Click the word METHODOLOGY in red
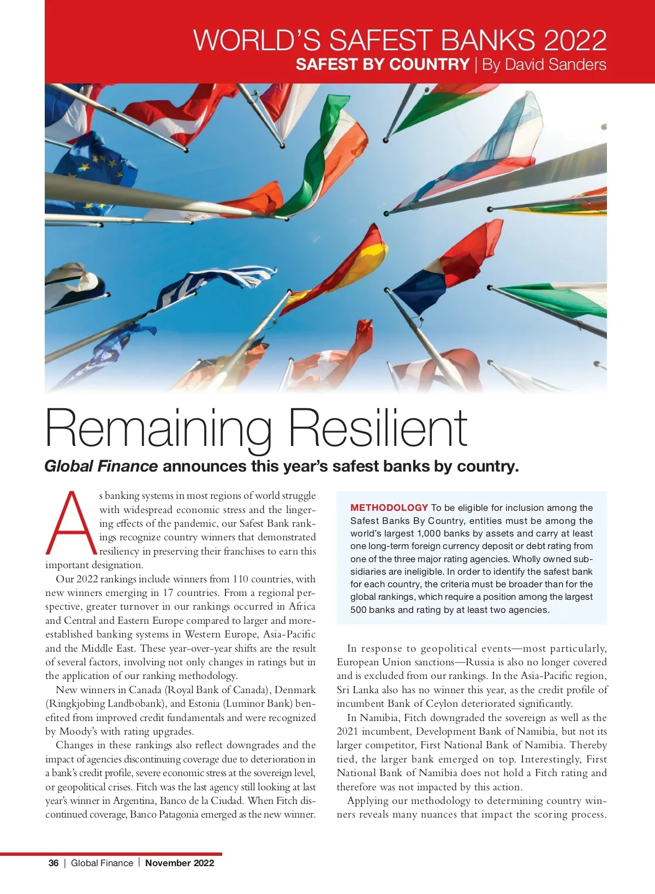pyautogui.click(x=389, y=508)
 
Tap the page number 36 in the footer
pyautogui.click(x=53, y=863)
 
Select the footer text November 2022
pyautogui.click(x=180, y=863)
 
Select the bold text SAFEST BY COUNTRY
pyautogui.click(x=382, y=64)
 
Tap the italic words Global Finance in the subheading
pyautogui.click(x=101, y=466)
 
